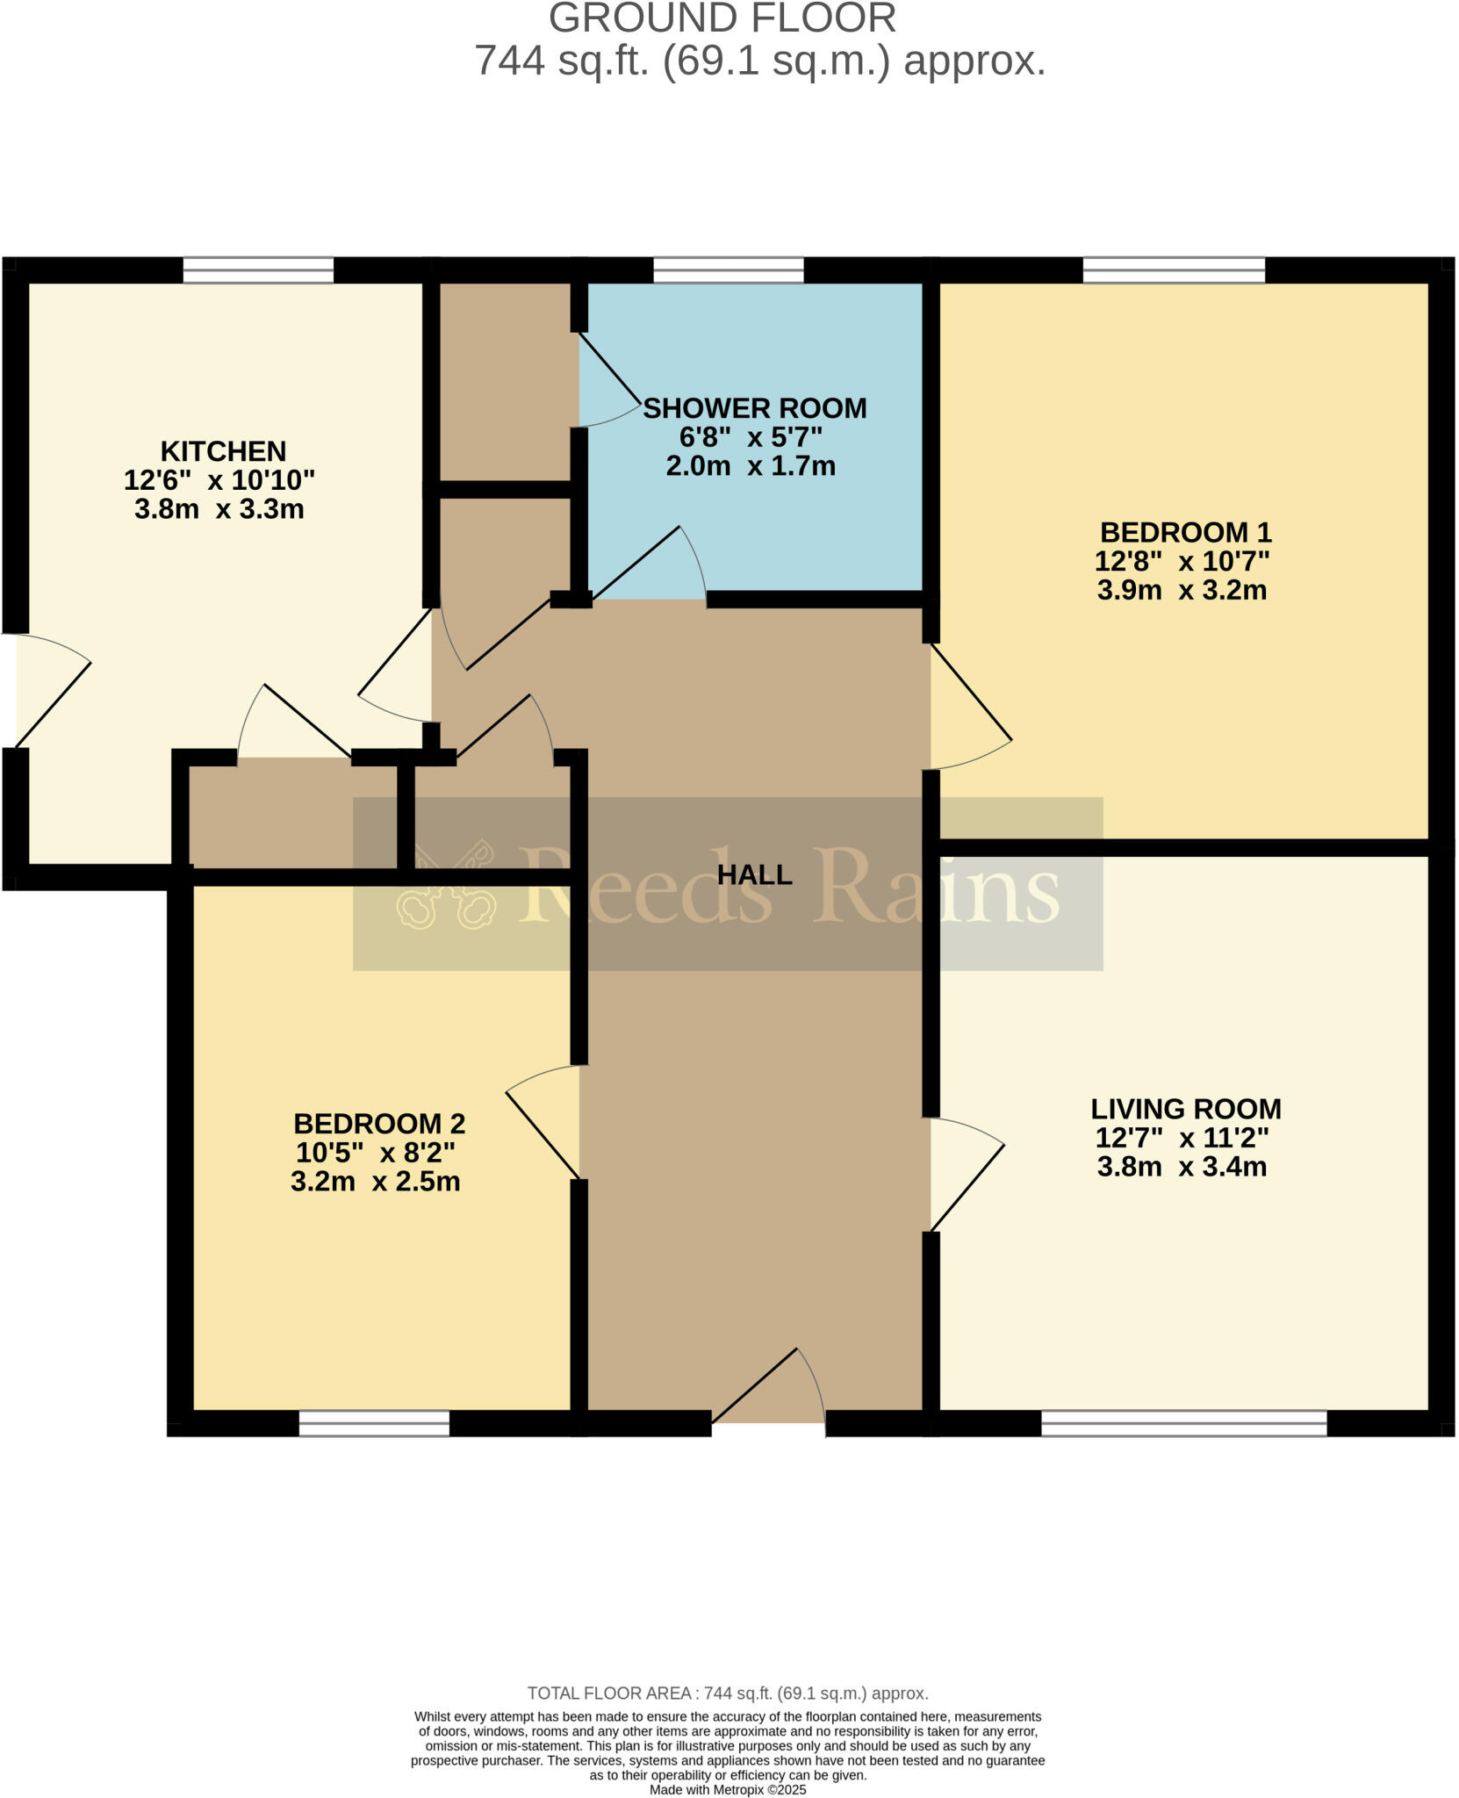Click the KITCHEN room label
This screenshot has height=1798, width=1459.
point(223,451)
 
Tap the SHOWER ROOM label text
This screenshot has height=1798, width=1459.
point(754,408)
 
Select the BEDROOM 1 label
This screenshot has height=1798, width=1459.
point(1185,532)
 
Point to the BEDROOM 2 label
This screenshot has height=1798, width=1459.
point(378,1124)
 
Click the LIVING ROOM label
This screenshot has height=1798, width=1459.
point(1185,1109)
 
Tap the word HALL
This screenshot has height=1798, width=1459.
point(754,874)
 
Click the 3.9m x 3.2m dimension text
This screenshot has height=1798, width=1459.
point(1182,590)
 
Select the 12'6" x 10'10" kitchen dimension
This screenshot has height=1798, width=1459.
point(219,480)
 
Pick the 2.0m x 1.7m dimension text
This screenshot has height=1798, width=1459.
point(751,466)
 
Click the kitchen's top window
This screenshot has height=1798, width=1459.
point(258,270)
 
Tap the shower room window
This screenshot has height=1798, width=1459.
point(728,270)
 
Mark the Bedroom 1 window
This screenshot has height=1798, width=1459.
point(1174,270)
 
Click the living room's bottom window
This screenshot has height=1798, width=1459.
point(1183,1423)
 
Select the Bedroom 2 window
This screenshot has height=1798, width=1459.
point(374,1423)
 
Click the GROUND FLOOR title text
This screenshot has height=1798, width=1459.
point(722,19)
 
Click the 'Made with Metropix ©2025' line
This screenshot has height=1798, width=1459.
point(727,1790)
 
